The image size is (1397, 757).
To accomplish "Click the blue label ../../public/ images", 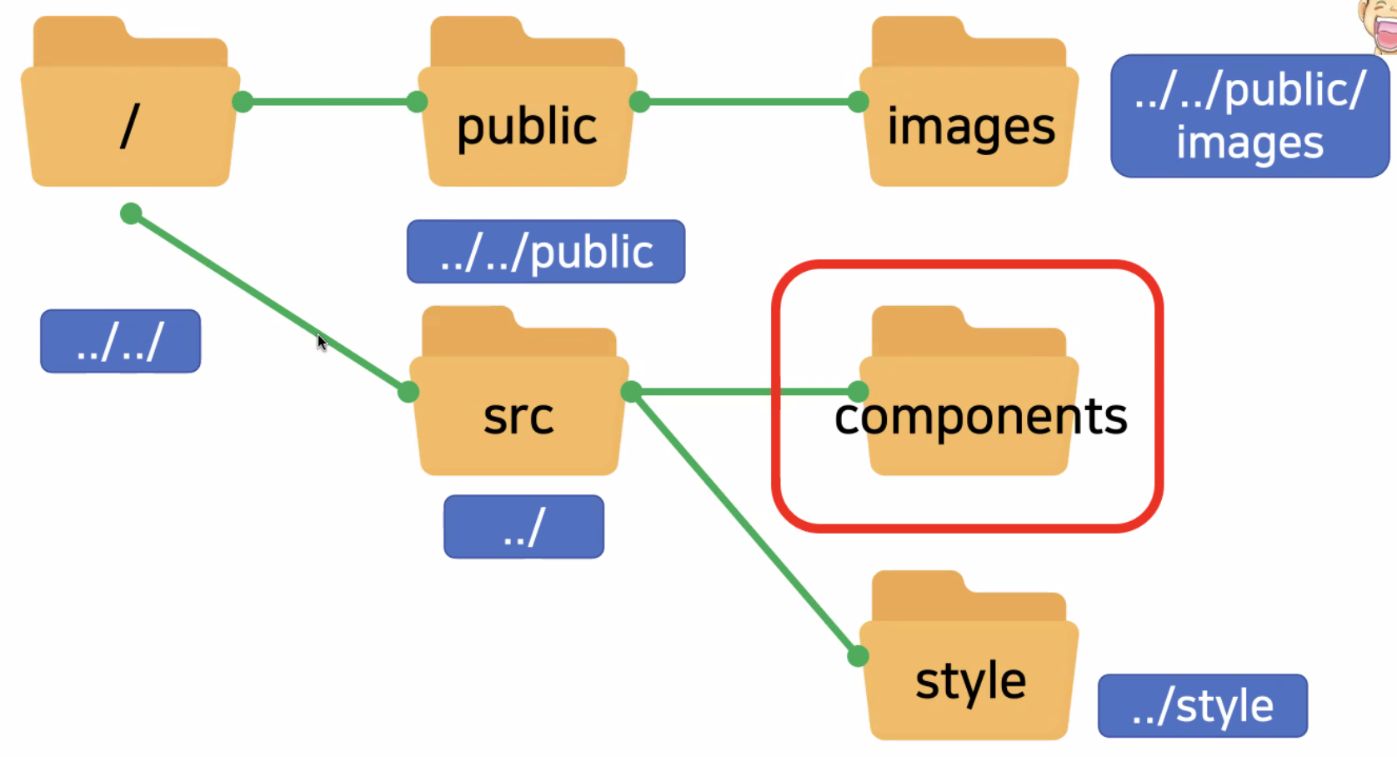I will (x=1249, y=116).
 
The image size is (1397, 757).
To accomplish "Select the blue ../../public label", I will (x=546, y=252).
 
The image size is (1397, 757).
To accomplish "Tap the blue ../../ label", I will (x=120, y=341).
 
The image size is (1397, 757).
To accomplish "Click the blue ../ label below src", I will (x=523, y=527).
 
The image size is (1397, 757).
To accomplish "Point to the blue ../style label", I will (x=1202, y=706).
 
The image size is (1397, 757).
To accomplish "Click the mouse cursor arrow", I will (x=321, y=341).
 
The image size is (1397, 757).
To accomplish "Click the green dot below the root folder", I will (x=131, y=214).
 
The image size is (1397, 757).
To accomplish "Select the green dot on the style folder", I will (x=858, y=657).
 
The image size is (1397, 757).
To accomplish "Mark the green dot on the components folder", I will (x=858, y=391).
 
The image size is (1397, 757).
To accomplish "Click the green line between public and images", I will (x=749, y=103).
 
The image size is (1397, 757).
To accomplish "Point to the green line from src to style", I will (x=744, y=524).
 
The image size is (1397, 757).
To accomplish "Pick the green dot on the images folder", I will (x=858, y=103).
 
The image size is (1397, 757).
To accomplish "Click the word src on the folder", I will (x=518, y=417).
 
